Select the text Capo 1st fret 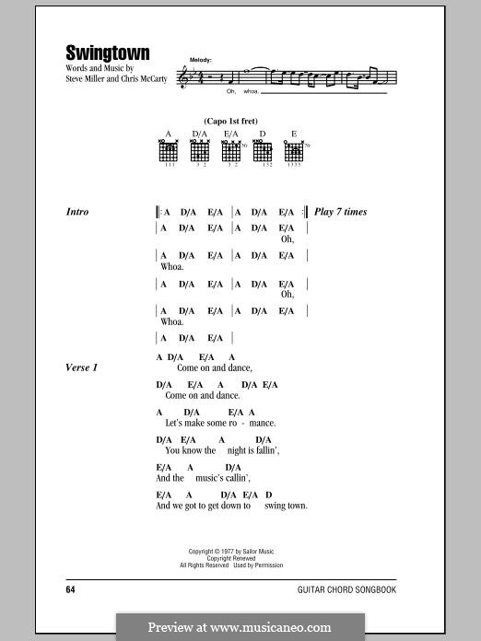pyautogui.click(x=230, y=121)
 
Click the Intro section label pyautogui.click(x=77, y=212)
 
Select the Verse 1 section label pyautogui.click(x=82, y=367)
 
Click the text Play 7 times pyautogui.click(x=340, y=212)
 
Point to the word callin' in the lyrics pyautogui.click(x=234, y=478)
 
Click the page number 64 pyautogui.click(x=71, y=588)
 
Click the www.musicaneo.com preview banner pyautogui.click(x=240, y=627)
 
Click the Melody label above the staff pyautogui.click(x=201, y=59)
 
